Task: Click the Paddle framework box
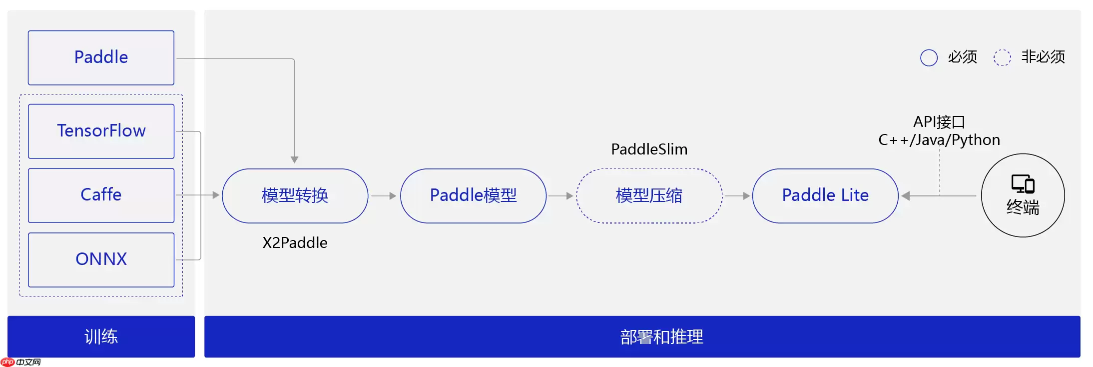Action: click(x=101, y=57)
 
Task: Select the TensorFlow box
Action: click(x=101, y=131)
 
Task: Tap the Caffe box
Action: click(x=101, y=195)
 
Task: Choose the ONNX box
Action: click(x=101, y=259)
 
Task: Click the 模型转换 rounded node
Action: click(x=295, y=195)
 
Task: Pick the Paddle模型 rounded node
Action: click(x=473, y=195)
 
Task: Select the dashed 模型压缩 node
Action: click(x=649, y=195)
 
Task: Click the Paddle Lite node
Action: click(x=825, y=195)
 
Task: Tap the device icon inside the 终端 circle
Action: click(x=1023, y=184)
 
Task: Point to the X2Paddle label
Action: click(x=295, y=243)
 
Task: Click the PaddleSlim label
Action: click(x=649, y=149)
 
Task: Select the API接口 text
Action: click(x=939, y=122)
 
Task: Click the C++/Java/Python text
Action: click(x=939, y=140)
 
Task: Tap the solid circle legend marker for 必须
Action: click(x=929, y=57)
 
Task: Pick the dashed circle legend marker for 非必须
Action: click(x=1002, y=57)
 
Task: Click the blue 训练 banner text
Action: click(x=101, y=336)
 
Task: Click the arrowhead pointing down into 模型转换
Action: click(x=295, y=159)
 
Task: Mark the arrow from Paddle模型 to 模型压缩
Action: click(x=560, y=196)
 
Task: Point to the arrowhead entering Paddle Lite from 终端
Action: click(x=906, y=196)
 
